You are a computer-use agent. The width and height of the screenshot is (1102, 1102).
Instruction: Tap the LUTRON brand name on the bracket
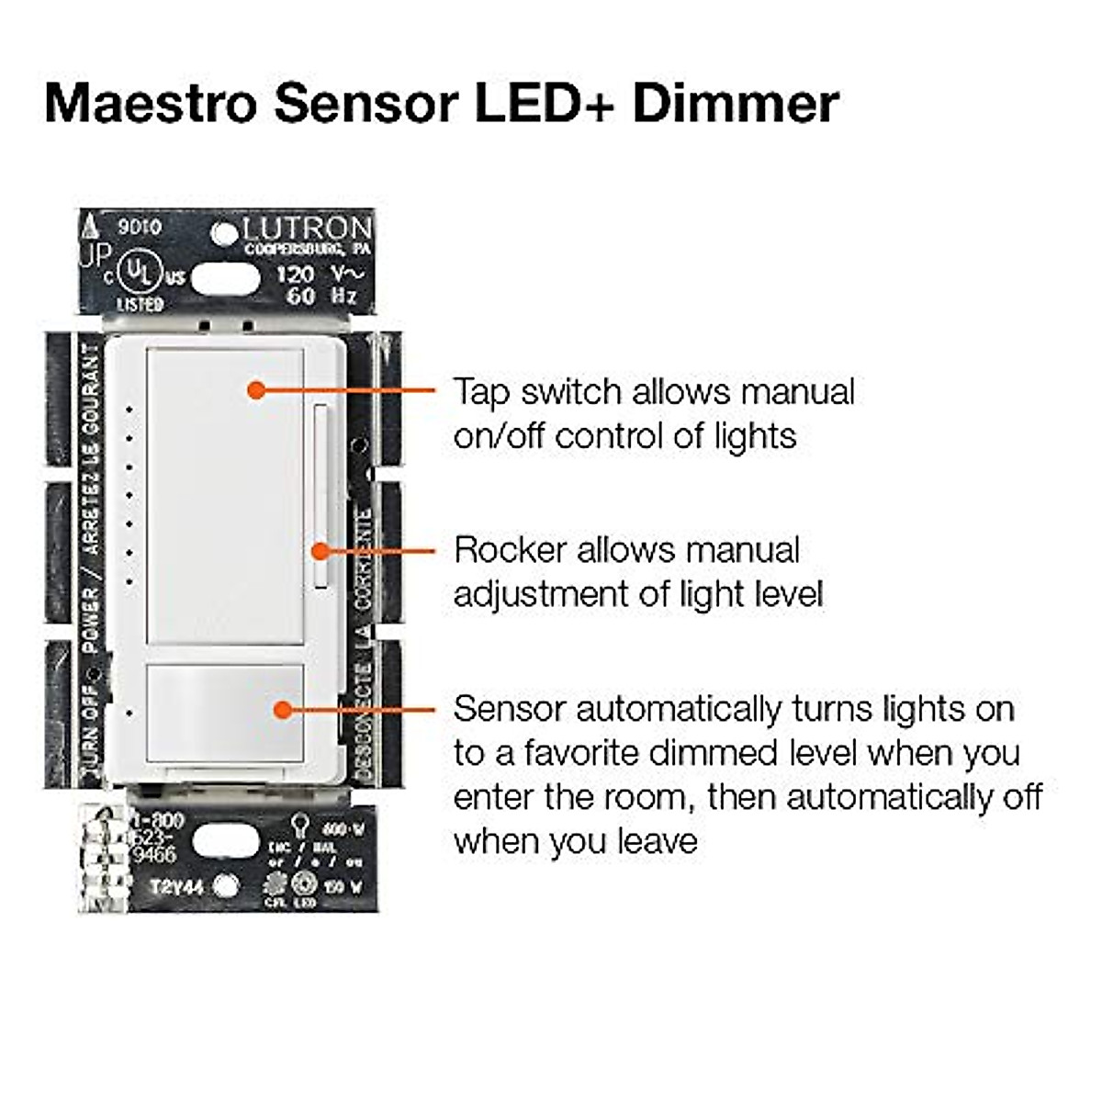tap(308, 230)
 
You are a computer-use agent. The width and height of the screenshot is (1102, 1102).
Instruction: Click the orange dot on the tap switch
tap(257, 390)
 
